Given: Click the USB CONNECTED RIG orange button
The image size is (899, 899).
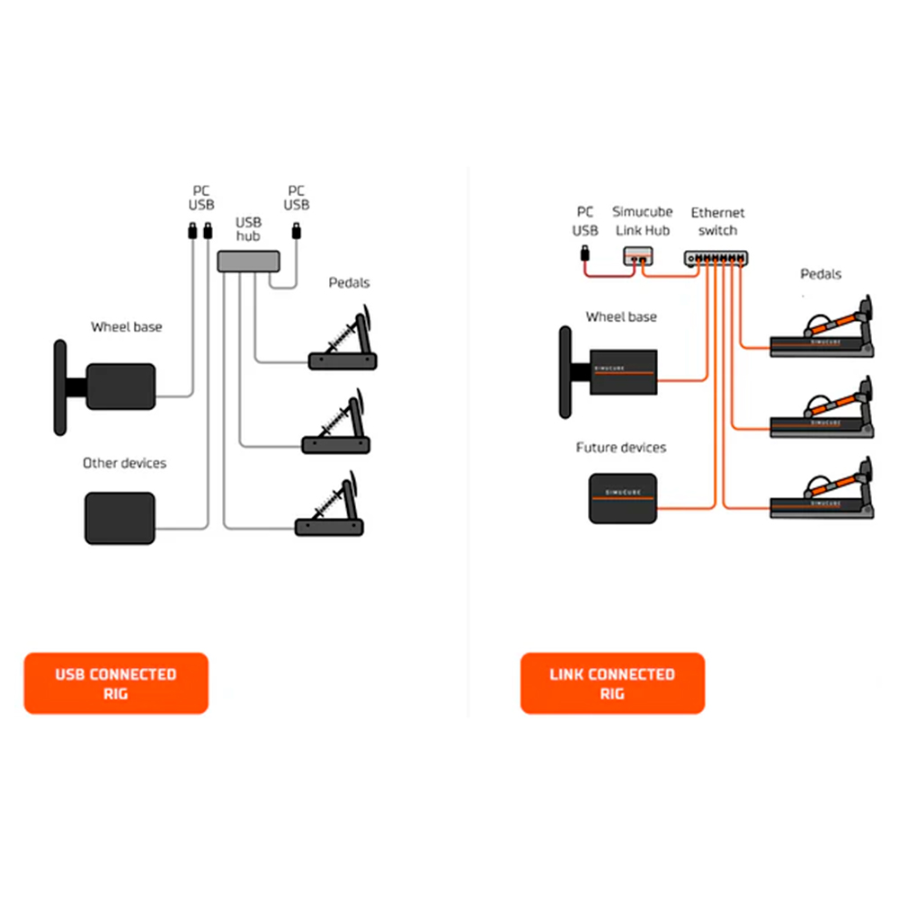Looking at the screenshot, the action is [x=116, y=683].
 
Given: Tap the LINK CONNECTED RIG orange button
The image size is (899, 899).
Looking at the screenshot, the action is [x=612, y=683].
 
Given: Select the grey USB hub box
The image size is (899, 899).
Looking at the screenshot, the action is [x=248, y=262].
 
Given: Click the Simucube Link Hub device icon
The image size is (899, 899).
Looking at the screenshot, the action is [x=638, y=255].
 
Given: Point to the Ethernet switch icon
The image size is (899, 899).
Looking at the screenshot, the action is [x=717, y=259].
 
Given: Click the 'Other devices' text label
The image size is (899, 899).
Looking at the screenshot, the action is [x=124, y=463].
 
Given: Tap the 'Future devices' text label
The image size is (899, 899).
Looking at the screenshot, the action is [x=621, y=447].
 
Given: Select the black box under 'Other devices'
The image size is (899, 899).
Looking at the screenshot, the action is [x=120, y=519].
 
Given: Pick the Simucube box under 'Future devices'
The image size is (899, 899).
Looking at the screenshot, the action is [x=623, y=498].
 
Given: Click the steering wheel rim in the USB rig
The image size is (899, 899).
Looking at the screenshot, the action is [x=60, y=387].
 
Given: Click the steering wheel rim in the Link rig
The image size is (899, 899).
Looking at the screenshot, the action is [x=565, y=372].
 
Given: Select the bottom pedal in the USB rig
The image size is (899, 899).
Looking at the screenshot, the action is [x=329, y=505].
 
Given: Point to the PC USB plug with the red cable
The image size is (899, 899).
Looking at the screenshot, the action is [x=585, y=254].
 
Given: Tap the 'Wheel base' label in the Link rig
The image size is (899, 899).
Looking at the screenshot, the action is [x=621, y=316].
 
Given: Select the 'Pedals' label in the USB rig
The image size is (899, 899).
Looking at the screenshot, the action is [x=349, y=282].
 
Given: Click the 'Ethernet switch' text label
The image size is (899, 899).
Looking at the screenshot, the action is [x=717, y=221].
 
